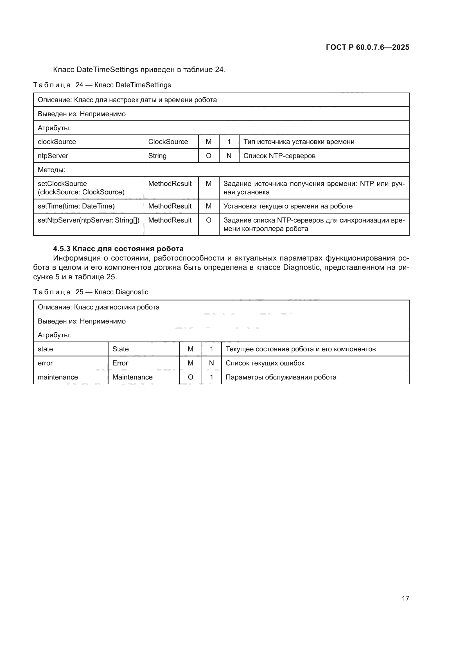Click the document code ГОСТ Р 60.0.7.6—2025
click(367, 47)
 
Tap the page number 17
click(405, 598)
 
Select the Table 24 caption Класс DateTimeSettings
click(102, 85)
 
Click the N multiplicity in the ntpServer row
click(229, 156)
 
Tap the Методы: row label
click(51, 170)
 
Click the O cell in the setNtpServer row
click(208, 220)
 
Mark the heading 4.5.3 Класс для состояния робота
click(118, 249)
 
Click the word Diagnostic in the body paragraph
click(301, 267)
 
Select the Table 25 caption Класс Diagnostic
click(91, 292)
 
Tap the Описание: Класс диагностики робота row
click(98, 307)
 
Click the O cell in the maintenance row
click(190, 377)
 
